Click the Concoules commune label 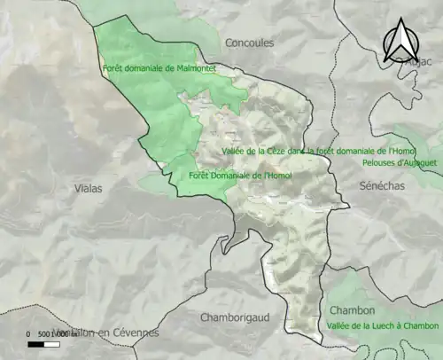click(249, 43)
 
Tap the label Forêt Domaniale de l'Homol click(239, 176)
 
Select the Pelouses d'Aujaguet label click(401, 162)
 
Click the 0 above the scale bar click(29, 333)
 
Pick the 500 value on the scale click(45, 333)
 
